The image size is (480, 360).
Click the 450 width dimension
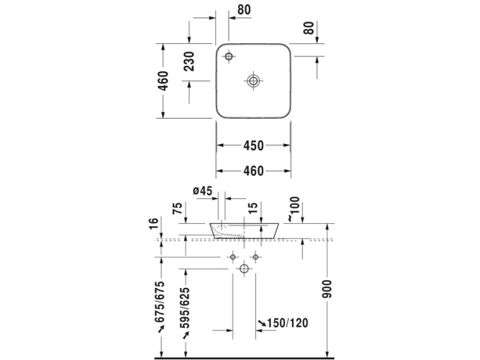pos(253,145)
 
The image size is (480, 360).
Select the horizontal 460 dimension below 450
pos(253,171)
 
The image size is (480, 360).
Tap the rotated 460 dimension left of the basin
pos(164,81)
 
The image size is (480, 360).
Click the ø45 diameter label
pos(203,191)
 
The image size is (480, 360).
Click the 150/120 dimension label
pos(287,323)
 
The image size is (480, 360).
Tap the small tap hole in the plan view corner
pos(229,56)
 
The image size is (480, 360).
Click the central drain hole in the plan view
pos(253,81)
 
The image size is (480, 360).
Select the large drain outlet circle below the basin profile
pos(243,269)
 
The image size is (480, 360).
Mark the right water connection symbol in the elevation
pos(255,257)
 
